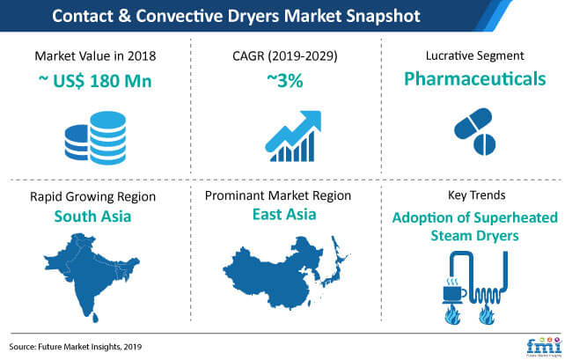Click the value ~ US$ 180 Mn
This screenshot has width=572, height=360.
(95, 81)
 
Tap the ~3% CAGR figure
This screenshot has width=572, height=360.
(285, 81)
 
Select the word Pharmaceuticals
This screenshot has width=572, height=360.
(475, 79)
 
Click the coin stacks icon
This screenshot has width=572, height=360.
(96, 138)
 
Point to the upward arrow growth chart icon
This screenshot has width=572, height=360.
(293, 136)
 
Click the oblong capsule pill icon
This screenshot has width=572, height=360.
(473, 123)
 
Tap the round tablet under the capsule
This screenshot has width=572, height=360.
(485, 144)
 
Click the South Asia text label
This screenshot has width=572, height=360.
(92, 217)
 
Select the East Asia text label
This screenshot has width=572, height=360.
(284, 214)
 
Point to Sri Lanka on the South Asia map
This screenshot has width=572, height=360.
(95, 318)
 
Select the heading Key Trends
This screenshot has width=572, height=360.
(476, 195)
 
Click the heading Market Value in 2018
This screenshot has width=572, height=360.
(95, 55)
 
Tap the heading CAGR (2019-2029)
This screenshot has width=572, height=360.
(285, 55)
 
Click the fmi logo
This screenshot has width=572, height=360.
(544, 347)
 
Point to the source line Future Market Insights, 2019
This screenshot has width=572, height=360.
(76, 347)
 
